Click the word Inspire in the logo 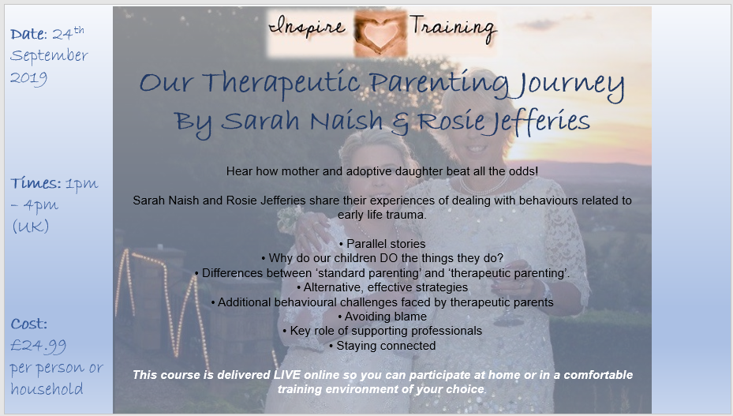(x=307, y=26)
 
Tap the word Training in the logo (x=452, y=25)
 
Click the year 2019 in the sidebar (x=28, y=77)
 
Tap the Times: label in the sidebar (x=36, y=183)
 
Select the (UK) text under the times (x=30, y=226)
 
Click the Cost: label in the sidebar (x=29, y=324)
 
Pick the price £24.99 (x=38, y=345)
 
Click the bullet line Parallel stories (x=382, y=244)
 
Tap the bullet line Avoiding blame (x=382, y=317)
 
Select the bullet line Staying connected (x=382, y=346)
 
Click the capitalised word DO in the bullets (x=390, y=258)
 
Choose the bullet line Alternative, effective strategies (x=382, y=287)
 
